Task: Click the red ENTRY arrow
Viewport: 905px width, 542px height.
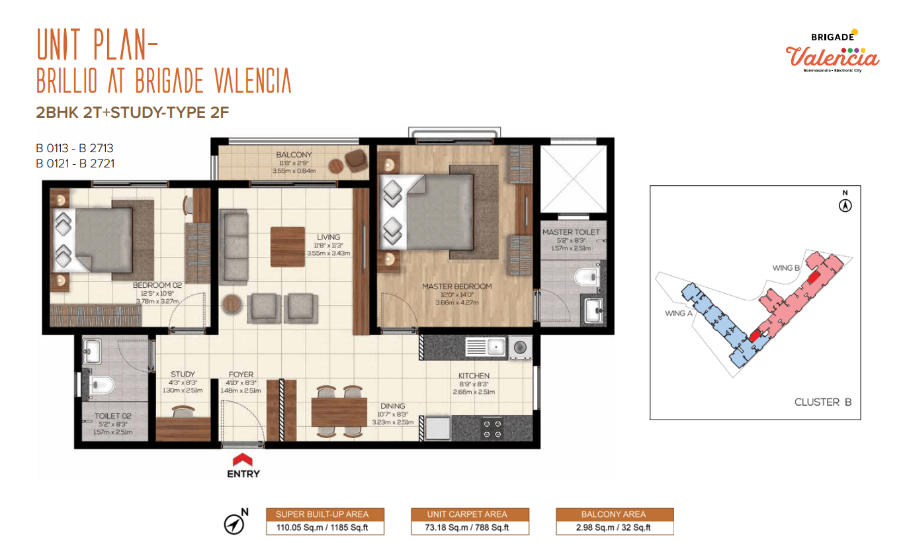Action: coord(242,459)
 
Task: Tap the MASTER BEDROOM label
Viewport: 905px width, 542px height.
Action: coord(457,287)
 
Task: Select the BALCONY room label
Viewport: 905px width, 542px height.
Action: coord(294,155)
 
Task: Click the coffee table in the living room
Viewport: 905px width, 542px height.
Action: coord(288,247)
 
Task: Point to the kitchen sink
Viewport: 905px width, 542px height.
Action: coord(485,347)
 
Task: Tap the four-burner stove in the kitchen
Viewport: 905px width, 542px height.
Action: coord(492,429)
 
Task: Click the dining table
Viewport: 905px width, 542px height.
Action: coord(339,412)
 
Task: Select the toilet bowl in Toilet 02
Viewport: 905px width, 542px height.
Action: coord(101,385)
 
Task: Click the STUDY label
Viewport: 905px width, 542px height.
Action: coord(183,375)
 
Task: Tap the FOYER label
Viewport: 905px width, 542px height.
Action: coord(241,375)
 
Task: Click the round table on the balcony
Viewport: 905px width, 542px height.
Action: coord(335,165)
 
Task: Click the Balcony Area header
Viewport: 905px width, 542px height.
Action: coord(613,514)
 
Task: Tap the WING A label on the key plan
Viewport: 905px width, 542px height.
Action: coord(679,313)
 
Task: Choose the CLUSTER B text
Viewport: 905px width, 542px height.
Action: coord(823,402)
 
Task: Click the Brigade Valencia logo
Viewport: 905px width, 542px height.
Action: coord(832,52)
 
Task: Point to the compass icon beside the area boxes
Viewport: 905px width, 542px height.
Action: coord(234,524)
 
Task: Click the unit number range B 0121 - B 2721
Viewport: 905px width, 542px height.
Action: coord(75,163)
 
